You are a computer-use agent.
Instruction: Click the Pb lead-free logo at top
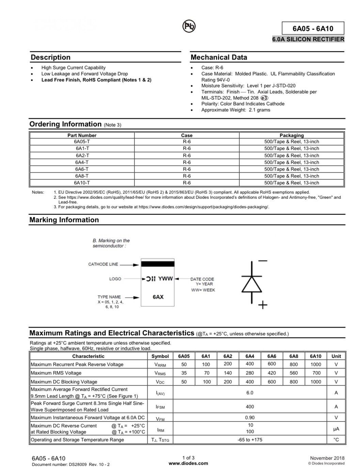(189, 26)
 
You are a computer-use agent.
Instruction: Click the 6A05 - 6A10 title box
(313, 28)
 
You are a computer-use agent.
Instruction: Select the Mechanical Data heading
(219, 57)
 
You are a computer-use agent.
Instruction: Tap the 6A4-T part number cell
(82, 162)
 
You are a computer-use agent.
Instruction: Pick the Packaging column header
(292, 135)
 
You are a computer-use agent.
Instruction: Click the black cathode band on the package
(158, 264)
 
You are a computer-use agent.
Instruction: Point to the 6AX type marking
(158, 297)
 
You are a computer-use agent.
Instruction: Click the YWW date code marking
(166, 279)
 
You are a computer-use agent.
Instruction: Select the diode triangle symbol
(252, 284)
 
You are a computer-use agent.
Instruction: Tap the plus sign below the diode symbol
(263, 305)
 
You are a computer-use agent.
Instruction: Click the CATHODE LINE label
(103, 264)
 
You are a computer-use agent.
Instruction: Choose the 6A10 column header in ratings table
(315, 356)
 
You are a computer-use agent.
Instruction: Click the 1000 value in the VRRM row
(315, 364)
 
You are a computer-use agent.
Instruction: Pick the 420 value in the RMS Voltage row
(271, 373)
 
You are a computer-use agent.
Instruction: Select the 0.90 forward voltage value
(250, 417)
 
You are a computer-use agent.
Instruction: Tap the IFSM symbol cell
(160, 407)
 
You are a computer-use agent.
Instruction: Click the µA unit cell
(336, 429)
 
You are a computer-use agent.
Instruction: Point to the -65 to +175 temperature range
(250, 440)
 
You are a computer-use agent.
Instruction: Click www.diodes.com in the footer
(188, 463)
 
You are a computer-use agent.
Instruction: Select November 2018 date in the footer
(327, 458)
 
